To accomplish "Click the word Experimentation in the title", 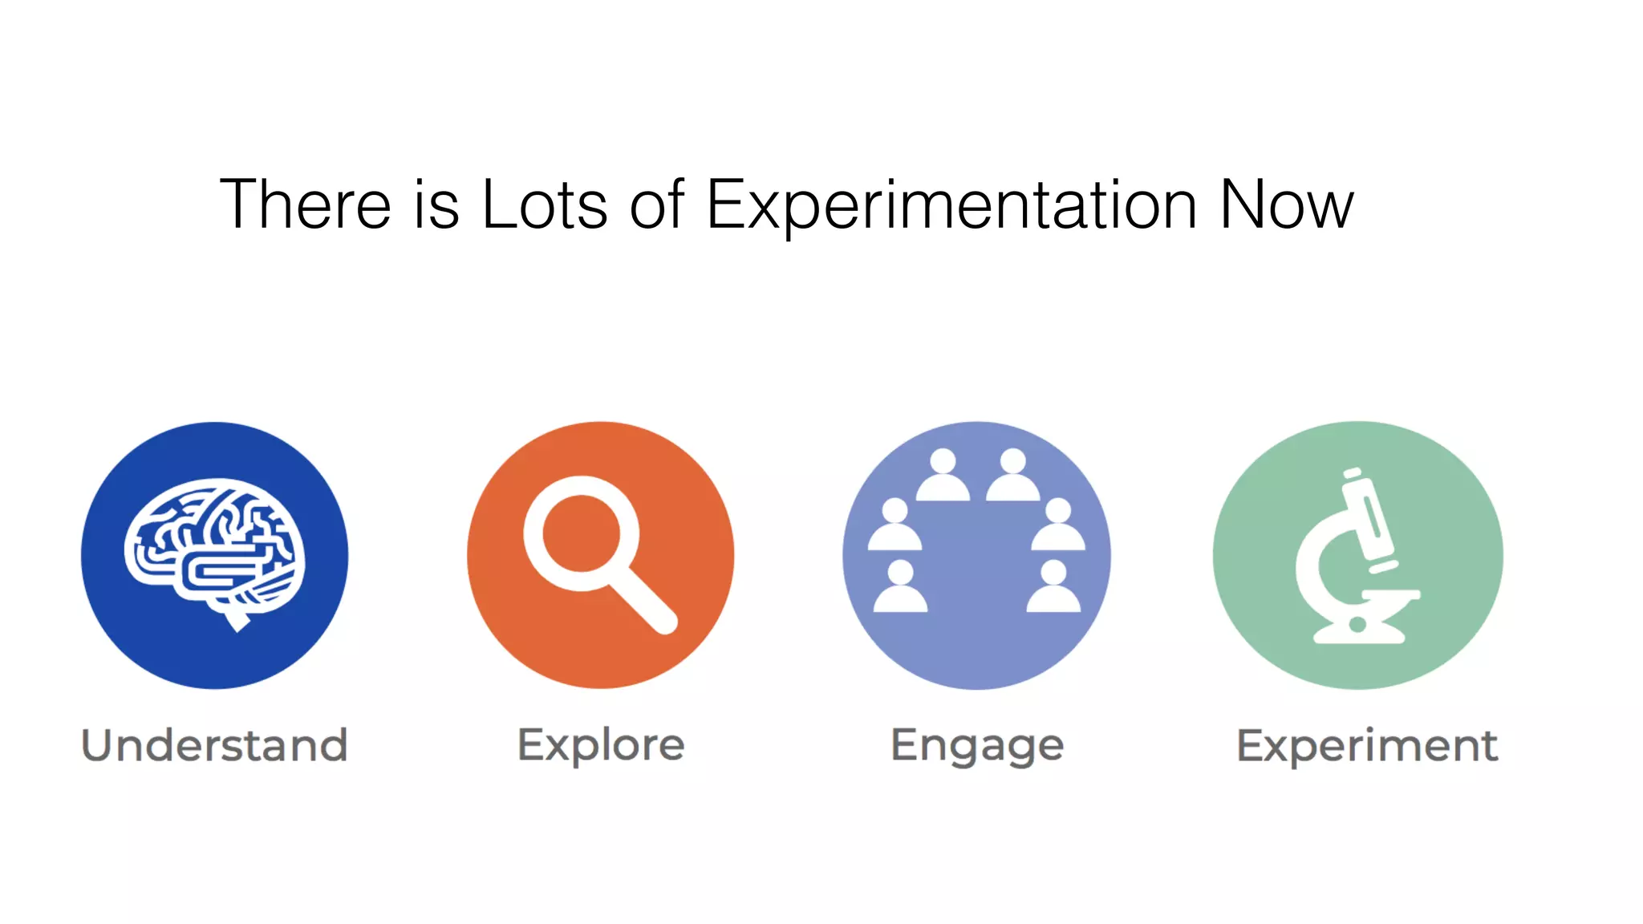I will pyautogui.click(x=951, y=205).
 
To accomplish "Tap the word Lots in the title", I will pyautogui.click(x=544, y=205).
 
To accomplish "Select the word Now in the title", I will pyautogui.click(x=1286, y=205).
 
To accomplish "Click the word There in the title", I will pyautogui.click(x=305, y=205).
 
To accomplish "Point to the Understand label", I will pyautogui.click(x=215, y=745).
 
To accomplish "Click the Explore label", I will pyautogui.click(x=601, y=745).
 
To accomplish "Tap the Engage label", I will pyautogui.click(x=977, y=746).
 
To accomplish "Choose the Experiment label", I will pyautogui.click(x=1367, y=746).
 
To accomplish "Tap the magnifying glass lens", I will pyautogui.click(x=581, y=533).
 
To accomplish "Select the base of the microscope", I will pyautogui.click(x=1359, y=634).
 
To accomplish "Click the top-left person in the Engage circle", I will pyautogui.click(x=943, y=476).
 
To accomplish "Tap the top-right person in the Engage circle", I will pyautogui.click(x=1013, y=476).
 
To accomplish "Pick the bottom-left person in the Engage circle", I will pyautogui.click(x=900, y=589).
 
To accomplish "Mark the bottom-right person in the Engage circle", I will pyautogui.click(x=1053, y=589).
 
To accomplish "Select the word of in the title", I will pyautogui.click(x=656, y=205).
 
